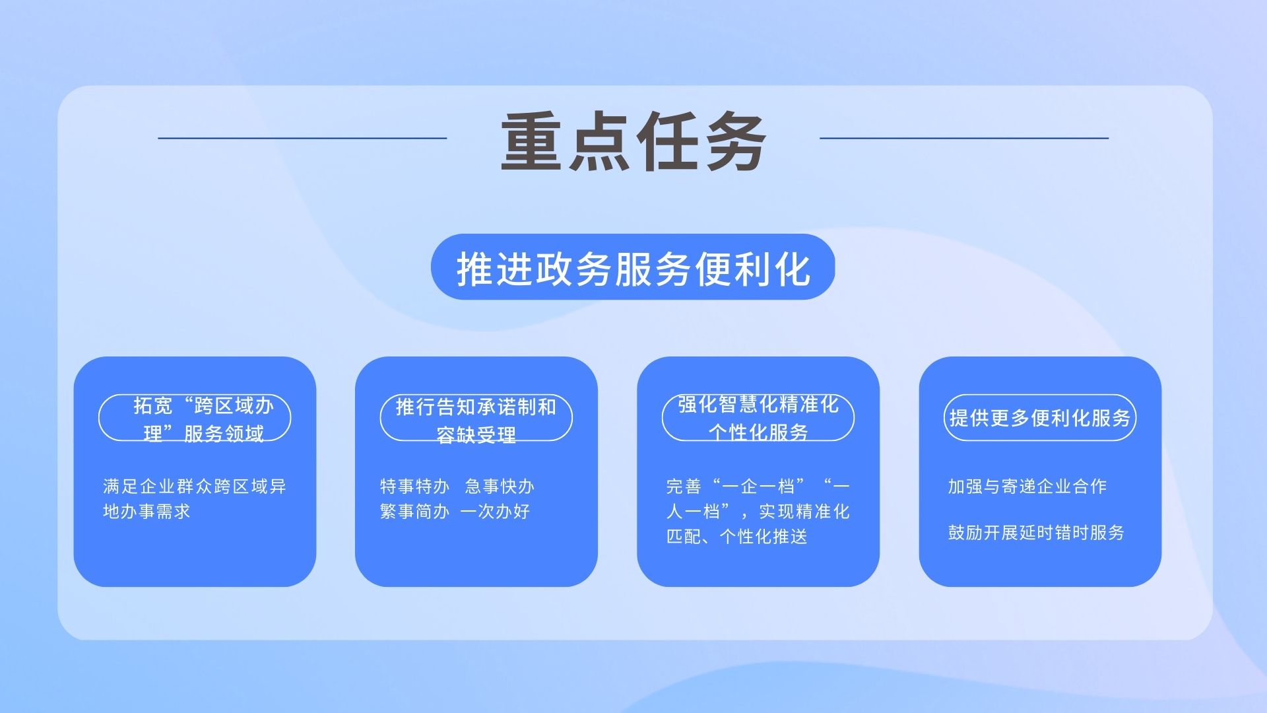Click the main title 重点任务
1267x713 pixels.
pos(633,141)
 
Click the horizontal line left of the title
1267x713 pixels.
pos(302,138)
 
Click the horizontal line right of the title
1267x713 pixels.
pos(964,138)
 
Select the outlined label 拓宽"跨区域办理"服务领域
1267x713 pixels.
pos(195,418)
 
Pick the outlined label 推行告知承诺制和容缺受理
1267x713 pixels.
pos(476,418)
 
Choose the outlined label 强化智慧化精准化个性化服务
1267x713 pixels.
pos(758,418)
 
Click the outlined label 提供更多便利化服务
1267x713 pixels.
pos(1040,418)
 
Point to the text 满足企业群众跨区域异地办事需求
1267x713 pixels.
pos(195,499)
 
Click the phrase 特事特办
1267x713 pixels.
pos(414,487)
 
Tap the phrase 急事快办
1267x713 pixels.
pos(500,487)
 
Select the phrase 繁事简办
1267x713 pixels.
pos(414,512)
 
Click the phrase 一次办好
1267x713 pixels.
pos(495,512)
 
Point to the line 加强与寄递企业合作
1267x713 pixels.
pos(1027,487)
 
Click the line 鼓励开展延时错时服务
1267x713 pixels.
pos(1036,533)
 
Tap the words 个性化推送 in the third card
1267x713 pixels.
pos(763,537)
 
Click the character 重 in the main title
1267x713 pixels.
pos(532,141)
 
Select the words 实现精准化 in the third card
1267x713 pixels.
pos(804,512)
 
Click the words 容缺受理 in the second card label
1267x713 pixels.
pos(476,434)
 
